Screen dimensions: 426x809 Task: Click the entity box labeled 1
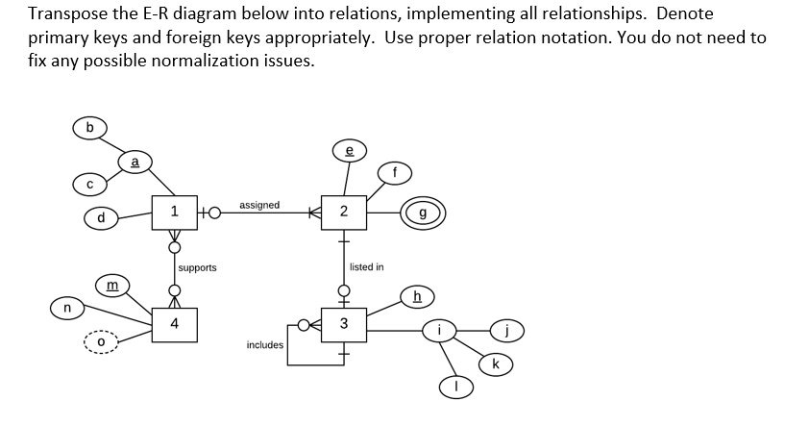[173, 212]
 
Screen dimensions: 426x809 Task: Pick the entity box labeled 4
[173, 323]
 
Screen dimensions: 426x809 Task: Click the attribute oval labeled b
[90, 127]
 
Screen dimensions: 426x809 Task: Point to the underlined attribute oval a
[135, 164]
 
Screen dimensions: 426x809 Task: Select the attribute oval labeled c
[89, 183]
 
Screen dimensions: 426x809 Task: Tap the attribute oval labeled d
[100, 218]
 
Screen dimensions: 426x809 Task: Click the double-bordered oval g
[424, 212]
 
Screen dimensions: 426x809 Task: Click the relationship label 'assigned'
[259, 205]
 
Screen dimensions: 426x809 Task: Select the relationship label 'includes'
[264, 344]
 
